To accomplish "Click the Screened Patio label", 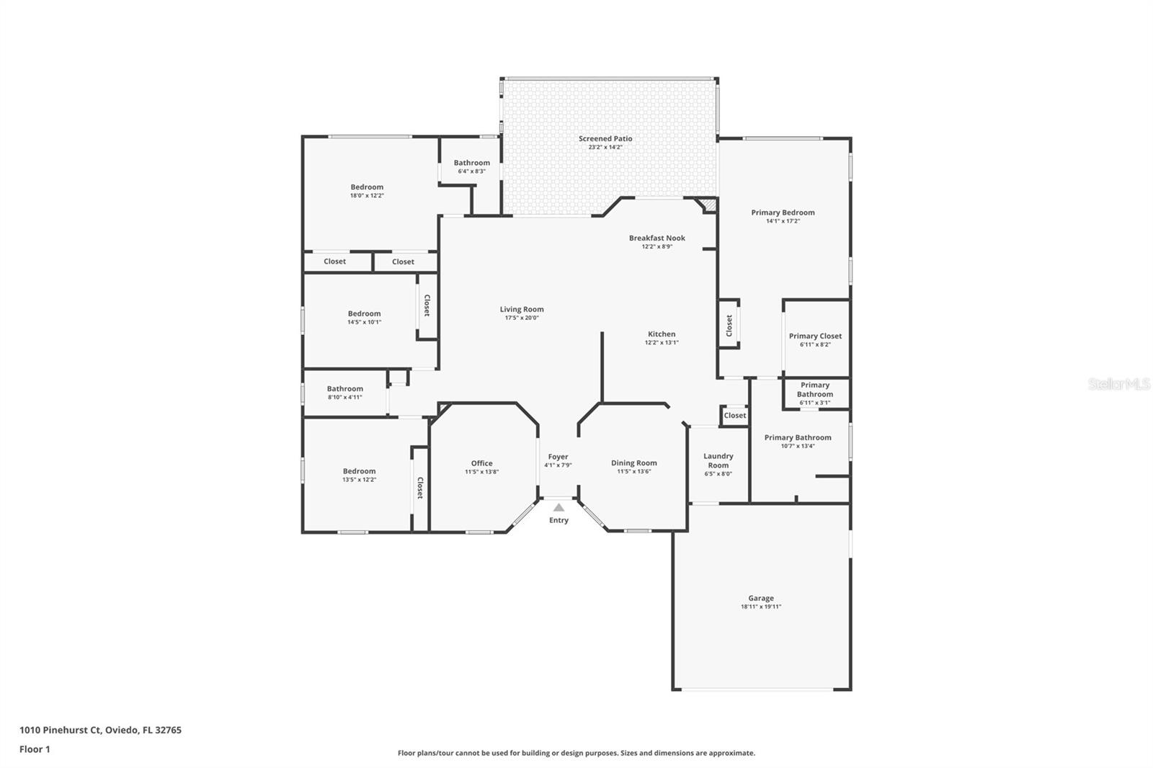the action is click(605, 138).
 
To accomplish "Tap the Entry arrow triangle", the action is click(558, 507).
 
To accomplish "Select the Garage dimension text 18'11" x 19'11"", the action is click(761, 607).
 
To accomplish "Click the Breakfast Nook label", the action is click(656, 238).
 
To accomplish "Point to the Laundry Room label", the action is click(718, 460).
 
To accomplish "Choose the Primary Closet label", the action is click(815, 336).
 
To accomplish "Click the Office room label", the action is click(482, 463).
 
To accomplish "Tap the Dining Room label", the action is click(633, 463).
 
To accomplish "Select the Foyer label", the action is click(558, 457).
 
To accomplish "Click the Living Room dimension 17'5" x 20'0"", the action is click(522, 318).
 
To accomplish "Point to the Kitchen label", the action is click(662, 334).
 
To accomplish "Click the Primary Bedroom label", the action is click(783, 213).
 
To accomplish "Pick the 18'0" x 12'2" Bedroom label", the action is click(367, 187).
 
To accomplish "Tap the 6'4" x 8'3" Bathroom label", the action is click(471, 163).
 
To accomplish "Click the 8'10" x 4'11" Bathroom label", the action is click(345, 388).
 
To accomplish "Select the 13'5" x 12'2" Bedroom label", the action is click(360, 471).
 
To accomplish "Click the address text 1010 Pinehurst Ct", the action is click(61, 730).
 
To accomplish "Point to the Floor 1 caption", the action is click(35, 749).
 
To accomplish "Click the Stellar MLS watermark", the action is click(1119, 383).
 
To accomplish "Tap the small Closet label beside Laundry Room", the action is click(734, 416).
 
